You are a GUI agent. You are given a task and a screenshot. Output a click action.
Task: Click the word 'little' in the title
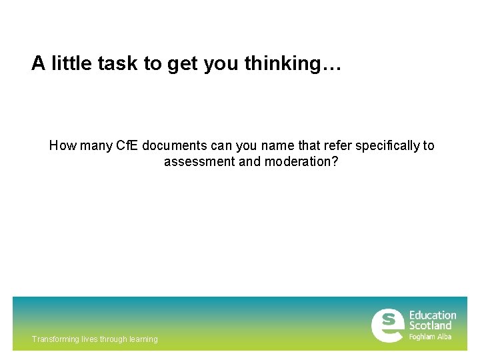pyautogui.click(x=73, y=63)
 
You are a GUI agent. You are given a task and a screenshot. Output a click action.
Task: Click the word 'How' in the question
pyautogui.click(x=63, y=145)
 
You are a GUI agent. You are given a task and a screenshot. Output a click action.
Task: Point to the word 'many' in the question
pyautogui.click(x=95, y=145)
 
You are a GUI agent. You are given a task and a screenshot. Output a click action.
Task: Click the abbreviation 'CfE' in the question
pyautogui.click(x=127, y=145)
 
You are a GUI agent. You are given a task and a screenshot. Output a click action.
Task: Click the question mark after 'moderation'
pyautogui.click(x=335, y=161)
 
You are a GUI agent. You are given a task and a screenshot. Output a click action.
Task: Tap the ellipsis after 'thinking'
pyautogui.click(x=331, y=63)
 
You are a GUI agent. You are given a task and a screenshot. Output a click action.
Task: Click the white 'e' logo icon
pyautogui.click(x=387, y=325)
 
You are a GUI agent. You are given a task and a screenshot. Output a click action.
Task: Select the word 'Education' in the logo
pyautogui.click(x=433, y=315)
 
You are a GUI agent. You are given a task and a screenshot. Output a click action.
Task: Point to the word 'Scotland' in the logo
pyautogui.click(x=430, y=325)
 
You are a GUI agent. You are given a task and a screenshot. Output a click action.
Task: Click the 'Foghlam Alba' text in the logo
pyautogui.click(x=430, y=337)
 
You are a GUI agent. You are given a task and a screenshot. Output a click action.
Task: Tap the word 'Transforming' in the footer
pyautogui.click(x=55, y=339)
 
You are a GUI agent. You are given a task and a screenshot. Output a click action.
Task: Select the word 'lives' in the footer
pyautogui.click(x=89, y=339)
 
